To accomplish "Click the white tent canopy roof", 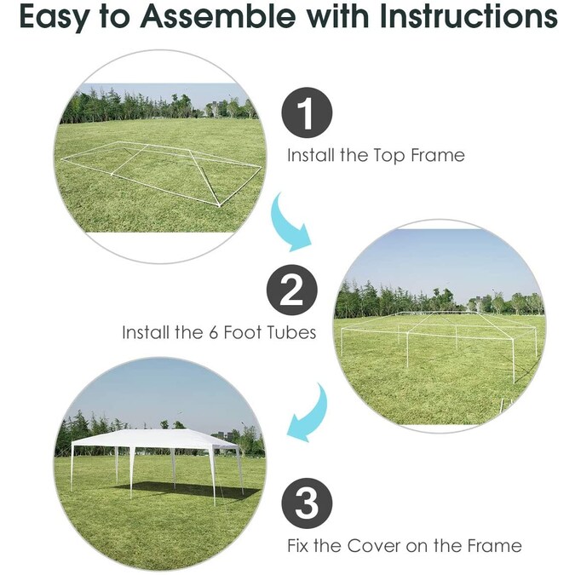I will click(158, 439).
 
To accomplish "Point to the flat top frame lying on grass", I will click(162, 170).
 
